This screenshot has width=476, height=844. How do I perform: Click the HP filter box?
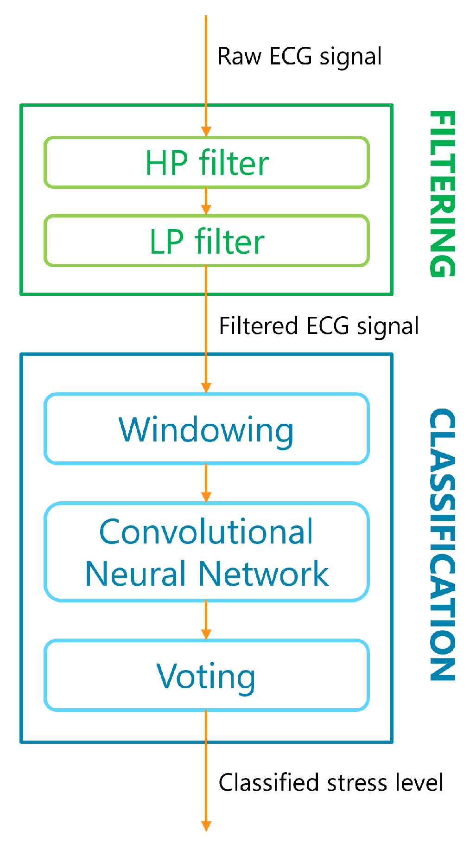click(207, 163)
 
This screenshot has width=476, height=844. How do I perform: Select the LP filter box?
click(207, 241)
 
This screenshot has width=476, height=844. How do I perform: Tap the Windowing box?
click(207, 429)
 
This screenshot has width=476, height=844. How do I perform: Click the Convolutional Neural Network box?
click(207, 552)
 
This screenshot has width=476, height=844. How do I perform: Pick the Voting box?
click(207, 676)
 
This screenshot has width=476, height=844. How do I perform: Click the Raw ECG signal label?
click(299, 57)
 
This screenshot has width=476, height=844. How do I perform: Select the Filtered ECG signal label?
click(319, 326)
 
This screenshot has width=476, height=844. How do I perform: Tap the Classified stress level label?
click(330, 783)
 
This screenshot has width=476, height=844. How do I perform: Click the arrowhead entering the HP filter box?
click(206, 131)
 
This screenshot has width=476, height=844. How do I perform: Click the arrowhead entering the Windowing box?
click(206, 388)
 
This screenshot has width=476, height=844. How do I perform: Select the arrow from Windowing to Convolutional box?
click(206, 484)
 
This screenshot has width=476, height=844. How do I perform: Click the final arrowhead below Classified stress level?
click(206, 826)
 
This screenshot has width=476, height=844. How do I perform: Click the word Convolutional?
click(207, 532)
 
